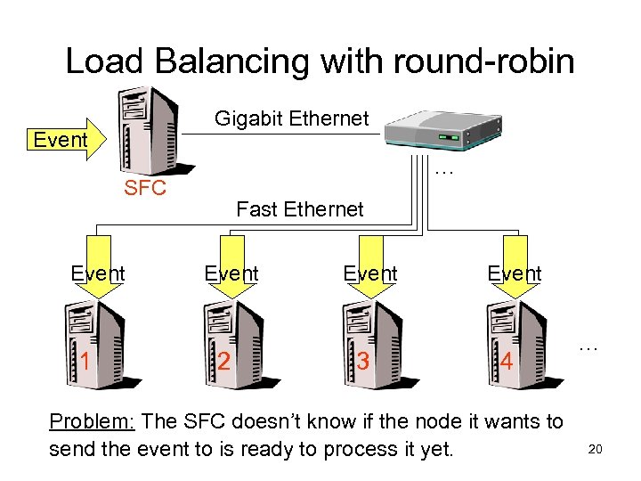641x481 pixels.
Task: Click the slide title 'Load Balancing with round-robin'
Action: pyautogui.click(x=320, y=61)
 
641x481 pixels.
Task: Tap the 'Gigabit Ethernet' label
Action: pyautogui.click(x=291, y=118)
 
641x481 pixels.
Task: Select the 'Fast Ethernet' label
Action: pyautogui.click(x=300, y=209)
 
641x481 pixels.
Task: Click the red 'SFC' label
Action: pyautogui.click(x=145, y=189)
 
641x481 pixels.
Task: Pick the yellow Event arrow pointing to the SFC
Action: pyautogui.click(x=65, y=140)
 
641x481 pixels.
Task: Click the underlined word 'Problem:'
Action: pyautogui.click(x=92, y=421)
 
